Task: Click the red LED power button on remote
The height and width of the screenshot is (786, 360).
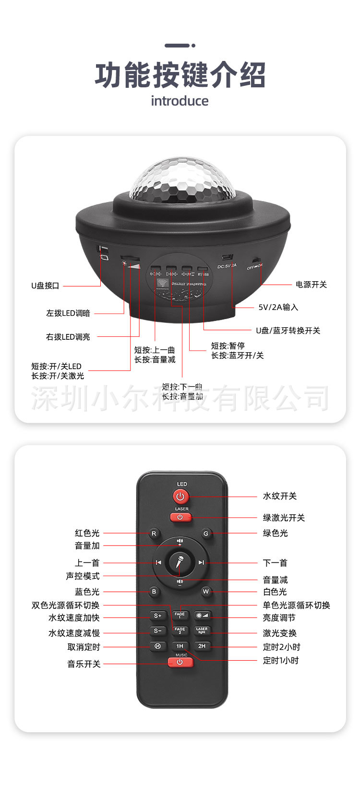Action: point(180,496)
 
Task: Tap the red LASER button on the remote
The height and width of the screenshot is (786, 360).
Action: point(180,517)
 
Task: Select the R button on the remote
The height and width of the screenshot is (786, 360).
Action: point(154,533)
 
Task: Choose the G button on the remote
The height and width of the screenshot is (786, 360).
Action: point(206,533)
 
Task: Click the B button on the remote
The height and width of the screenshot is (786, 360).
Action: point(154,592)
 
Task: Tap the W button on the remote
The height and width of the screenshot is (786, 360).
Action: point(206,592)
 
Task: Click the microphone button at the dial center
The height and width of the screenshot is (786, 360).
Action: point(180,562)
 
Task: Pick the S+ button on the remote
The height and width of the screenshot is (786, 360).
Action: point(157,616)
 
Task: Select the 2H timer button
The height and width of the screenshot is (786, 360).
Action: point(202,646)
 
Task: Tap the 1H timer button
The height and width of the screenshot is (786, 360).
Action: point(180,646)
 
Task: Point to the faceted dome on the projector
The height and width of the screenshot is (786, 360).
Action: point(182,180)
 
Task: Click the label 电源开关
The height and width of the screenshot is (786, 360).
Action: point(311,285)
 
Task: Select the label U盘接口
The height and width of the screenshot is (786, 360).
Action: point(45,286)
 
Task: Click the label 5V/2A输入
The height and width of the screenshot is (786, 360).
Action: point(278,307)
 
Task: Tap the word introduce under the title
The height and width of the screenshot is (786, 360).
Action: point(180,101)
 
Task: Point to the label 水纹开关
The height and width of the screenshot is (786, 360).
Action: point(279,496)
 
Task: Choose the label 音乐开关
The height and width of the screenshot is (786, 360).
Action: point(84,664)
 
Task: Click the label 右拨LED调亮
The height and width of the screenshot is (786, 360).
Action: point(68,337)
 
